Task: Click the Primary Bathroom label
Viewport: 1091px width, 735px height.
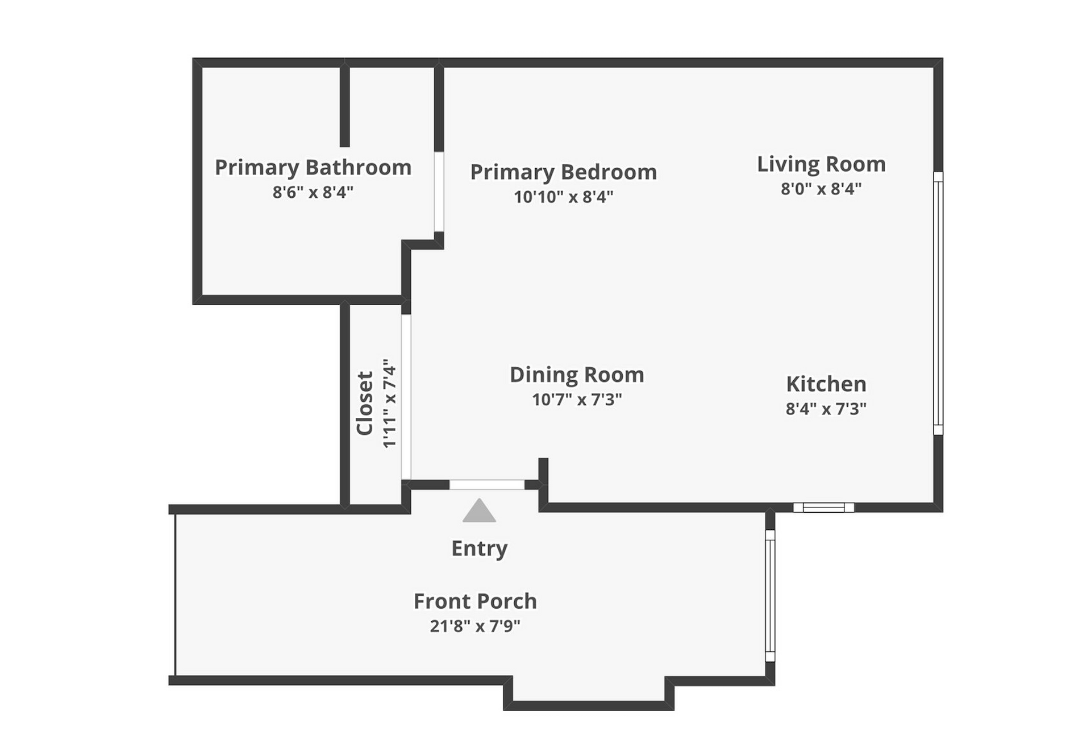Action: [x=313, y=168]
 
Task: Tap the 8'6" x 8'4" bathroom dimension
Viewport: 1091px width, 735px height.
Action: [x=313, y=192]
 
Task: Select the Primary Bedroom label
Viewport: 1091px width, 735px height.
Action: [x=563, y=172]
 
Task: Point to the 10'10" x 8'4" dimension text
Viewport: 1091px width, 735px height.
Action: [x=563, y=197]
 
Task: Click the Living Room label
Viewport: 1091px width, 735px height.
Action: [x=821, y=164]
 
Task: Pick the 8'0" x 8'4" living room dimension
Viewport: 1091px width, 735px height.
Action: [x=821, y=189]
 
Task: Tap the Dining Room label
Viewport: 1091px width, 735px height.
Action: [x=577, y=375]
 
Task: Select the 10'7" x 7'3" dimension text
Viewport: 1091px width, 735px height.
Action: [x=577, y=400]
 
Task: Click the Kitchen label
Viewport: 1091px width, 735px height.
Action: [x=826, y=384]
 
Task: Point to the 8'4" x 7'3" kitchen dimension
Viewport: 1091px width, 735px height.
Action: [x=826, y=409]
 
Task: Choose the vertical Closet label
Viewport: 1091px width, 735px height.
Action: [x=365, y=404]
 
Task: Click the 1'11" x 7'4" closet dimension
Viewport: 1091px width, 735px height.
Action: [x=389, y=404]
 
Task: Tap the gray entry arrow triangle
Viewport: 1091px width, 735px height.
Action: [x=479, y=510]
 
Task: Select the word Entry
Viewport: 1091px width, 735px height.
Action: [x=479, y=549]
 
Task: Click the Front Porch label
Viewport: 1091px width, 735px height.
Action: [x=475, y=601]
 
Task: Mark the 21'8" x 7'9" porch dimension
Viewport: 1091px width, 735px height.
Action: [x=475, y=626]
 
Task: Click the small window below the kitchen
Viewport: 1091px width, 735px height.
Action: [x=824, y=508]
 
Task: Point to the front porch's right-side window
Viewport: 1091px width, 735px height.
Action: [x=770, y=596]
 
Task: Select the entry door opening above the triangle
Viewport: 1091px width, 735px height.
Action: [x=487, y=485]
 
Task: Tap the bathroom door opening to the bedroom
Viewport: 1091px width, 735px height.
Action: [x=439, y=192]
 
